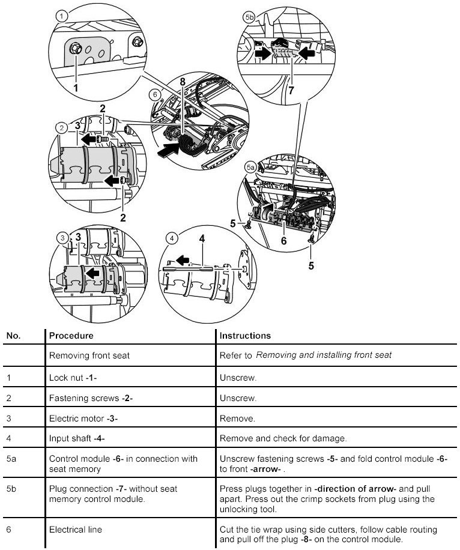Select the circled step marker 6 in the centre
(154, 94)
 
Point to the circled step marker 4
(173, 238)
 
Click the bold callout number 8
(182, 82)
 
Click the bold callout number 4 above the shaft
(202, 238)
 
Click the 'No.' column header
(13, 336)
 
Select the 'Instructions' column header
(245, 336)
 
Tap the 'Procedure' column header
(71, 336)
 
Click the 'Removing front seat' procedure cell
(89, 355)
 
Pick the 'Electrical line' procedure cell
(75, 530)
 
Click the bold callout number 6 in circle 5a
(284, 241)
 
